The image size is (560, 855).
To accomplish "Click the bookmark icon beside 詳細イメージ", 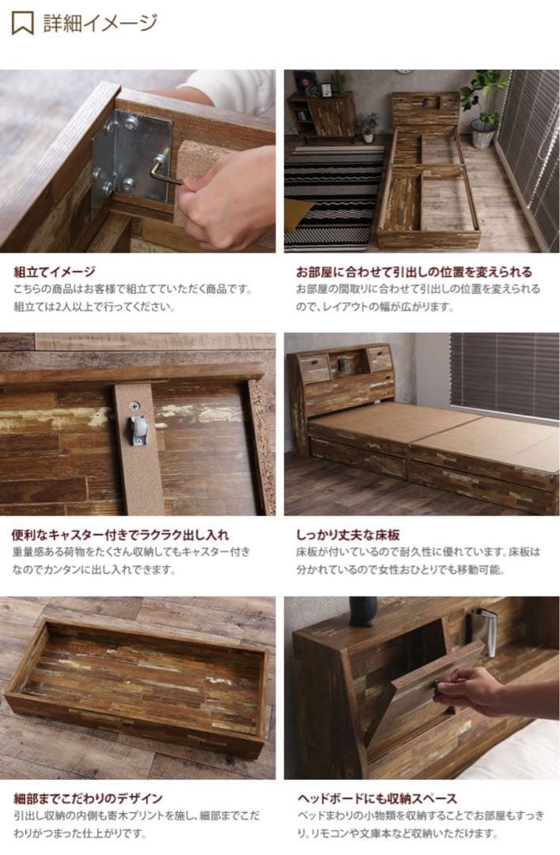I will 22,23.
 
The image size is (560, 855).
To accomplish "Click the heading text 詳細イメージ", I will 100,23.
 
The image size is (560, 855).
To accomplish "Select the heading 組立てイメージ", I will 54,272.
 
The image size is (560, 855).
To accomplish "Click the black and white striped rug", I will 332,194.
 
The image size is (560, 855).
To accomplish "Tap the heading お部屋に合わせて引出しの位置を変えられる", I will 414,272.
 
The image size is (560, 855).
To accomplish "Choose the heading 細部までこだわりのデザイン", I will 88,798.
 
